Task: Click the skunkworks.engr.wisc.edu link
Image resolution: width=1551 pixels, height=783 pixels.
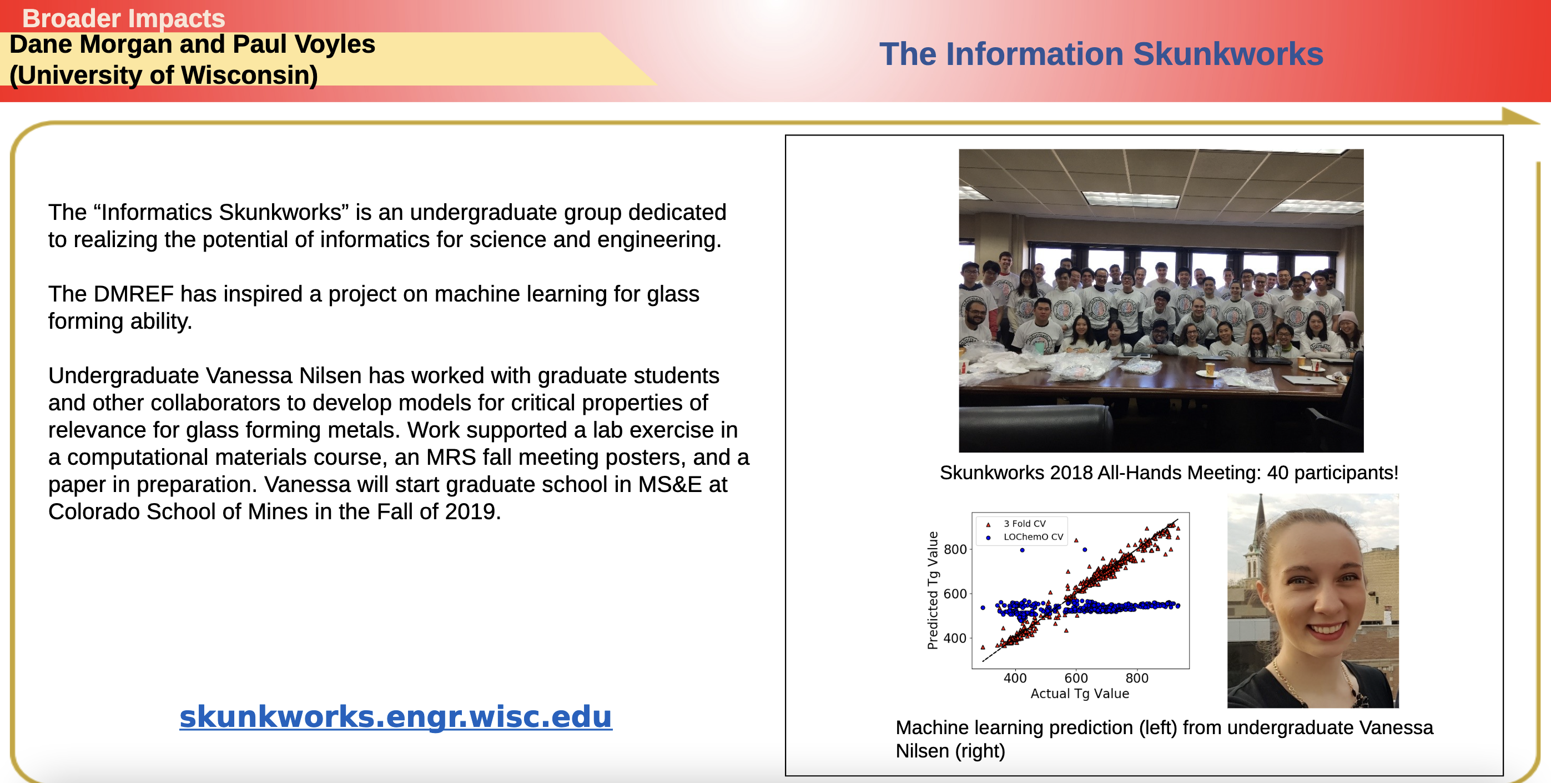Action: click(x=396, y=716)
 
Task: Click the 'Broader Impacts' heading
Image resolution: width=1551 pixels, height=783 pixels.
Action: click(x=123, y=18)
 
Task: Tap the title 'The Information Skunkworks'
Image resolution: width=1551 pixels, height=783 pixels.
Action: click(x=1101, y=54)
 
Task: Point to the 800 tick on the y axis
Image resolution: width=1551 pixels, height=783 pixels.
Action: click(x=955, y=549)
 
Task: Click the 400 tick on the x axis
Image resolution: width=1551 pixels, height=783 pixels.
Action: click(x=1015, y=677)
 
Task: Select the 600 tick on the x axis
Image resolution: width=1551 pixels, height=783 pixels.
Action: click(x=1076, y=677)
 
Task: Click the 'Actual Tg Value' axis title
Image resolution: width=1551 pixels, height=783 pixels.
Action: click(x=1080, y=693)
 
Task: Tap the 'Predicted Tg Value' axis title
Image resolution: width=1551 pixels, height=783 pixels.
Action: click(x=933, y=590)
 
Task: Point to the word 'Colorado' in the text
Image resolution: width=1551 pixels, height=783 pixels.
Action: click(x=94, y=511)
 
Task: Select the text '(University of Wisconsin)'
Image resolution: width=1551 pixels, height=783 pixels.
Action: click(x=164, y=76)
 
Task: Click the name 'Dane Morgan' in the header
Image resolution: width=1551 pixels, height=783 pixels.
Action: click(x=91, y=44)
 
